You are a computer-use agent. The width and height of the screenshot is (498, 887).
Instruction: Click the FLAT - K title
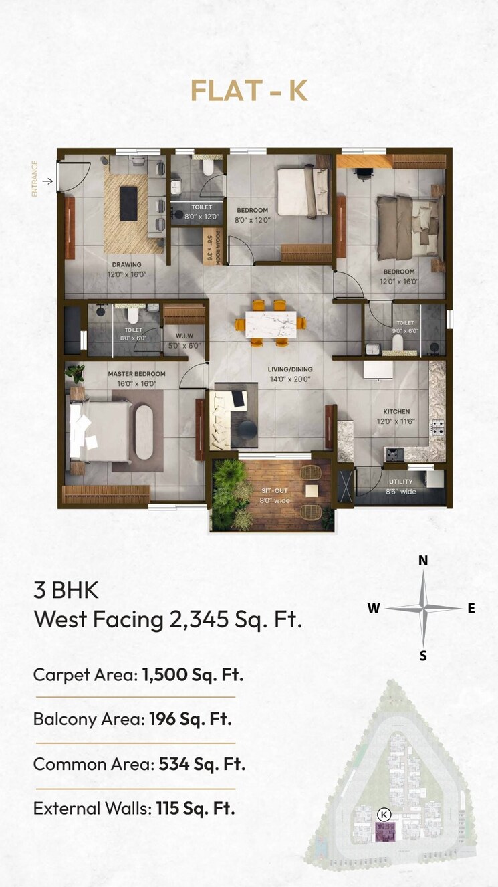(249, 91)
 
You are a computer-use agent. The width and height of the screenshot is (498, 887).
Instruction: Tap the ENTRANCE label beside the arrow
(35, 179)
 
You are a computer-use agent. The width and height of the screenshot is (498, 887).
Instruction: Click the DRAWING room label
(126, 264)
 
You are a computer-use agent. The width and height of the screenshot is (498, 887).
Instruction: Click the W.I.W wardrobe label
(184, 336)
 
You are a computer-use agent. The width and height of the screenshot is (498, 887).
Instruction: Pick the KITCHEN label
(396, 411)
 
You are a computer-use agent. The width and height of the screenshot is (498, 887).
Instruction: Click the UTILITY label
(401, 481)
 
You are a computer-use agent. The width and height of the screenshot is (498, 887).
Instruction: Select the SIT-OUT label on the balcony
(275, 490)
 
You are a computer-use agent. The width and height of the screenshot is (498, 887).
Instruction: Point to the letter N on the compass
(423, 561)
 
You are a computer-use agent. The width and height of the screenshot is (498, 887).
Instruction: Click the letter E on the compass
(471, 608)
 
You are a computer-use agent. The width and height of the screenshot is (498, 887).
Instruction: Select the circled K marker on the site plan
(384, 814)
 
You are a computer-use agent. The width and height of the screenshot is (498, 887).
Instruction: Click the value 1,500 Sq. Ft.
(193, 674)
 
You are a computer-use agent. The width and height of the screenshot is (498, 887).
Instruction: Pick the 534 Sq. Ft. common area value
(202, 764)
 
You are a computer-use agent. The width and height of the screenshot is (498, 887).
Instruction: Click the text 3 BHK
(66, 591)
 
